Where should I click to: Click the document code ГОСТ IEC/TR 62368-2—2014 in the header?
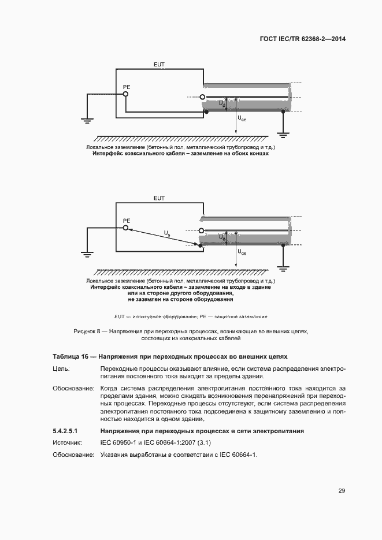pos(305,39)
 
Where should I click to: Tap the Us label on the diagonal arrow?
pos(167,233)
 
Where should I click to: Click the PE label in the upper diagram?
pos(126,86)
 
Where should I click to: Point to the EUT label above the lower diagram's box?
pos(159,198)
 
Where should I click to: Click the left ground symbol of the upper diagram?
pos(86,121)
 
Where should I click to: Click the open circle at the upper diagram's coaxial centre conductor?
pos(202,97)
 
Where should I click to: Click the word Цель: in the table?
pos(61,368)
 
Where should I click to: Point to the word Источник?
pos(69,442)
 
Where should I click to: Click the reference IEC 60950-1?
pos(118,442)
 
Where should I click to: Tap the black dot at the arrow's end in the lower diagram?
pos(202,246)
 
